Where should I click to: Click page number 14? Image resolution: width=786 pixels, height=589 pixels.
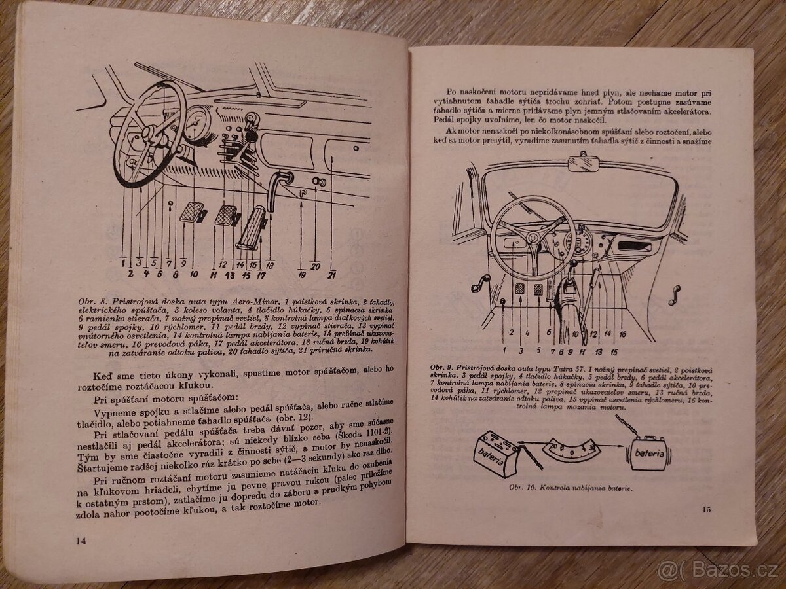click(x=81, y=540)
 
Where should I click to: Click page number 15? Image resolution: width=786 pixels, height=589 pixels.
click(x=706, y=510)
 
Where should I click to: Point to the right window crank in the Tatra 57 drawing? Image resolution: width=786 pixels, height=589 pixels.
click(x=672, y=294)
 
